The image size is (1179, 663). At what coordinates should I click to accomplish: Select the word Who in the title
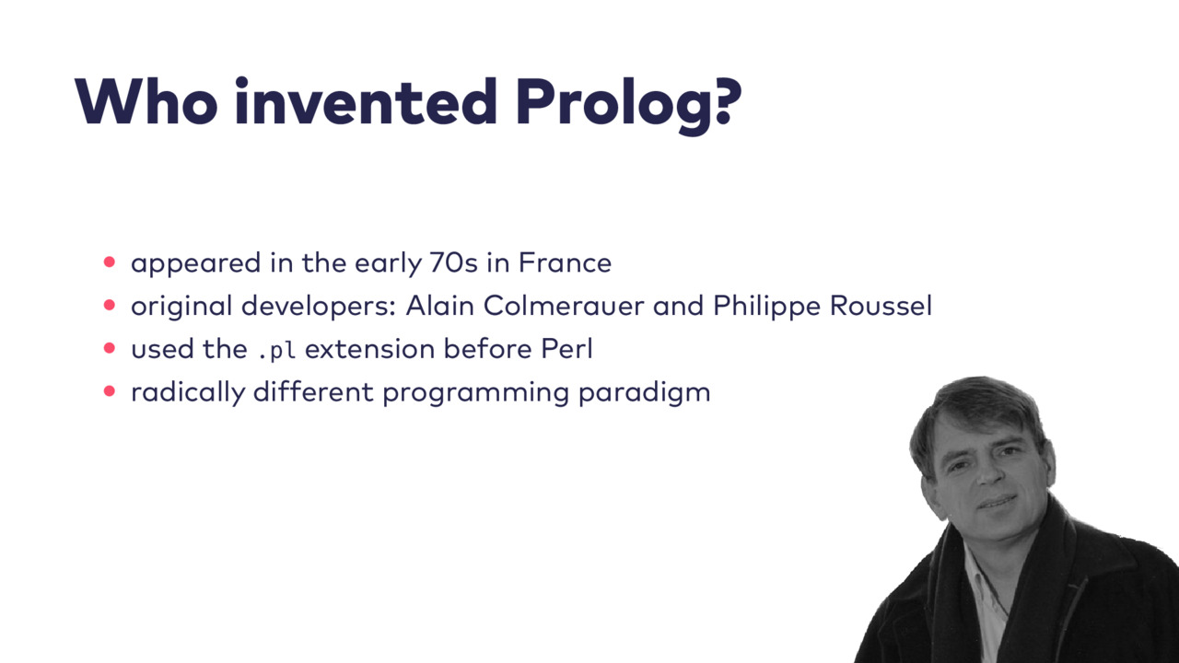[146, 101]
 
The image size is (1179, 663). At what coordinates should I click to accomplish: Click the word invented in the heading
[366, 101]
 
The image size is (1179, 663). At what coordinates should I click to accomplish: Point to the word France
[565, 262]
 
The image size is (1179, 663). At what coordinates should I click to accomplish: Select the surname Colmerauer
[564, 306]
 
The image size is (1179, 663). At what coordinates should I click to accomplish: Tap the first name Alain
[440, 306]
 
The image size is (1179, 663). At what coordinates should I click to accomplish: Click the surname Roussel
[881, 306]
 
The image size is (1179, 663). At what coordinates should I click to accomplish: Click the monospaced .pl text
[276, 351]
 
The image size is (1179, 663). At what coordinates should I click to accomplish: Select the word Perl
[566, 348]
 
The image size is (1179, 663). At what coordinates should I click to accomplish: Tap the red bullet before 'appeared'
[110, 262]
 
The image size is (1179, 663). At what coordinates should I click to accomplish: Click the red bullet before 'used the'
[110, 348]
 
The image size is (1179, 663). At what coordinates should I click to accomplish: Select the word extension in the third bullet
[370, 349]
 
